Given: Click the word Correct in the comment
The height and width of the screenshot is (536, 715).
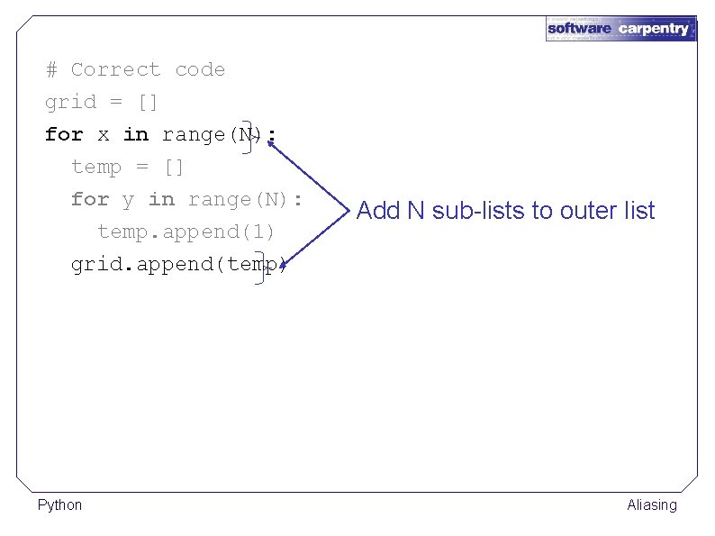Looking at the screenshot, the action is (x=115, y=69).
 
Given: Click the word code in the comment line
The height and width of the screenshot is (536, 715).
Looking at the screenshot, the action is (x=200, y=69).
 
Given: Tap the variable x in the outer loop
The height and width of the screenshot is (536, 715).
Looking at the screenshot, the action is (x=104, y=135).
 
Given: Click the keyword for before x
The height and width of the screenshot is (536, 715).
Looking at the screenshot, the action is (x=64, y=135).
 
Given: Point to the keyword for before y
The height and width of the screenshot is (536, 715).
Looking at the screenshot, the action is (x=90, y=199).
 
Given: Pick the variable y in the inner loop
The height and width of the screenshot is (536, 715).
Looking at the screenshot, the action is (x=129, y=200).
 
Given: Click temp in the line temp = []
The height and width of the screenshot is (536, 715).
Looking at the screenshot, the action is (x=96, y=167).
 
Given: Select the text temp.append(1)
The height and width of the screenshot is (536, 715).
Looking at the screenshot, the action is (x=186, y=232).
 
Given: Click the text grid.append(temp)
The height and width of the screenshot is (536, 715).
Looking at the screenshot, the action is (x=179, y=264).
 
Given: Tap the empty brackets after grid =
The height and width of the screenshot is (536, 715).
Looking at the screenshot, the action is (x=149, y=102).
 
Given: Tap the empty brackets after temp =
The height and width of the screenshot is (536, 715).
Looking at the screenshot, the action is (x=175, y=167).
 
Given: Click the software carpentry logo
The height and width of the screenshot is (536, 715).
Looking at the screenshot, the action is (x=620, y=28).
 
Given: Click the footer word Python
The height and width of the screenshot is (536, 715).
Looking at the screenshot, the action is (x=59, y=504).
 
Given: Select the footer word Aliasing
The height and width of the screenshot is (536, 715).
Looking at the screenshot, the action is (x=652, y=504).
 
